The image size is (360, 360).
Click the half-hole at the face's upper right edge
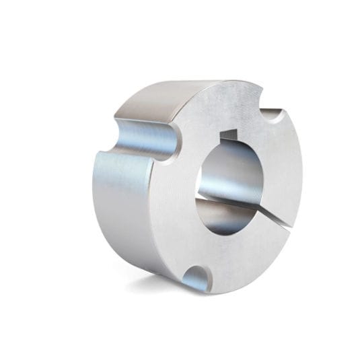[272, 116]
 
